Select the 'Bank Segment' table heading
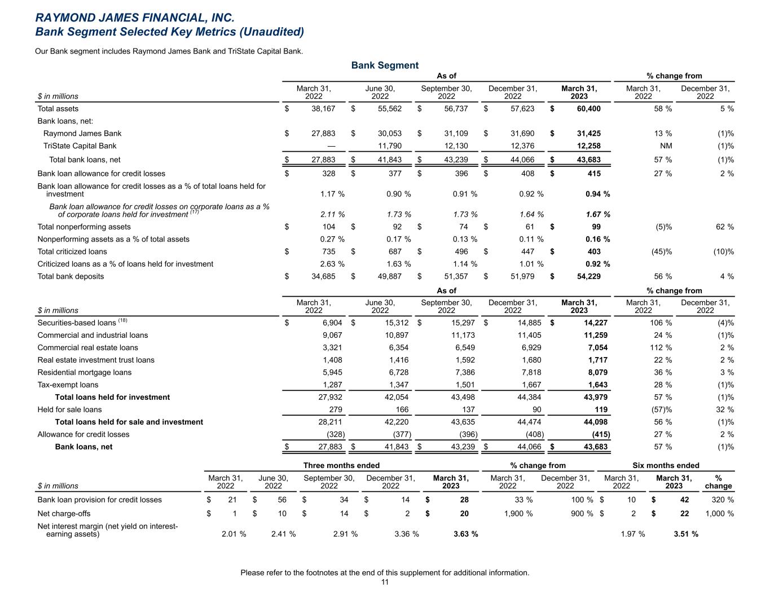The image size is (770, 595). coord(385,65)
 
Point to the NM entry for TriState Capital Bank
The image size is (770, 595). coord(666,146)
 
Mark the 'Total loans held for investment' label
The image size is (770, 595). coord(112,397)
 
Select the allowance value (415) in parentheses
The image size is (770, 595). coord(599,434)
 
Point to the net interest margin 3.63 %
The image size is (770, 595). coord(465,534)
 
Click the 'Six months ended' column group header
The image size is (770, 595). coord(666,465)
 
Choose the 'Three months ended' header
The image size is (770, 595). coord(341,465)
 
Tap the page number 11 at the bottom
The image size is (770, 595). coord(385,583)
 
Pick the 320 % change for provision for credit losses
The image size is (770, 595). coord(722,500)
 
